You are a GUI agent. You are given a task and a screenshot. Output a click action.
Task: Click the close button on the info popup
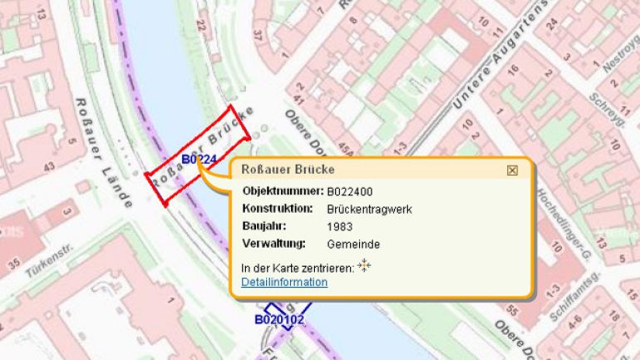pos(512,170)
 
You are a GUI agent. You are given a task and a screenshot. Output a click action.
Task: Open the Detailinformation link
pos(284,283)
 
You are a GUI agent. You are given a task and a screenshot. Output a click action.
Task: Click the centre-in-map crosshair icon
pos(363,266)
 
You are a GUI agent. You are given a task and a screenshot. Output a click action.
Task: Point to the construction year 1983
pos(341,226)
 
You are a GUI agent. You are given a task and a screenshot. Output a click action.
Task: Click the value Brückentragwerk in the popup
pos(370,209)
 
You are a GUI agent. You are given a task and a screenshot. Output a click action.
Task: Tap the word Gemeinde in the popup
pos(354,244)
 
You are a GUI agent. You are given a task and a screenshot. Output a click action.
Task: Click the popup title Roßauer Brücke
pos(288,170)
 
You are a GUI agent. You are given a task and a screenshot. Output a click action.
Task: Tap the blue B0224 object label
pos(199,160)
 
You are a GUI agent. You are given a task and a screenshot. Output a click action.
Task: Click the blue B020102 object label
pos(279,319)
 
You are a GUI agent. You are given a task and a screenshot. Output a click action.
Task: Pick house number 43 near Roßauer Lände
pos(49,166)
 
